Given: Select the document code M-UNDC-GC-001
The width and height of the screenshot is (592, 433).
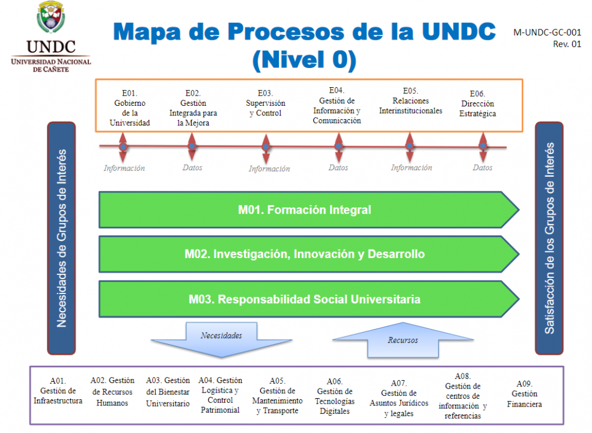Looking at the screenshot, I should click(548, 33).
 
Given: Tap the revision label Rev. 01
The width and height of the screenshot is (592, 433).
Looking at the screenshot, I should click(567, 44).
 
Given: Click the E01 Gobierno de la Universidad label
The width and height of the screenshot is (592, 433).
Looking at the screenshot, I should click(130, 108).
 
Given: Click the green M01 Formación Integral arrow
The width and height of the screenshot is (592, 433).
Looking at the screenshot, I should click(305, 210).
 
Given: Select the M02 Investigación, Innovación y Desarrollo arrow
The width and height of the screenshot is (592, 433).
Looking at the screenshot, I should click(305, 254).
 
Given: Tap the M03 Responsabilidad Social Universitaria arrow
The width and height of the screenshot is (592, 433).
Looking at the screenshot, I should click(305, 299).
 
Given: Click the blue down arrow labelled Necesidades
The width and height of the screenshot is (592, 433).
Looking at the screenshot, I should click(222, 339).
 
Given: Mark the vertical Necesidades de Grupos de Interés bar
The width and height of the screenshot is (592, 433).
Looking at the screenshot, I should click(61, 238).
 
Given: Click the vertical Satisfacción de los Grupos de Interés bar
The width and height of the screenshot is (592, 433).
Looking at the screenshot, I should click(549, 238).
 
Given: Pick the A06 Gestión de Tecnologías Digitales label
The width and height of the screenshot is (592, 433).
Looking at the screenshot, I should click(335, 396).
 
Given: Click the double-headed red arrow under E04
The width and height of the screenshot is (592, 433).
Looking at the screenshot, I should click(339, 146).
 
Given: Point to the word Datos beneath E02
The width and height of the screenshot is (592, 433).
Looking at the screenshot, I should click(192, 168).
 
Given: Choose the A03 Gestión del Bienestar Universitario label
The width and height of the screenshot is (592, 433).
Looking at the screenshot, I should click(168, 392).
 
